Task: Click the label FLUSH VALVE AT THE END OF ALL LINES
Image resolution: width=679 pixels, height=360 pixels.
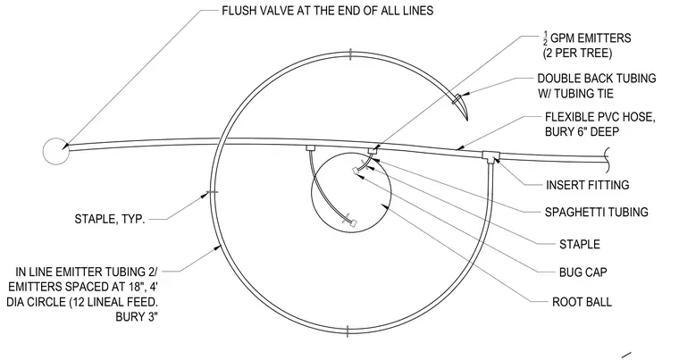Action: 327,11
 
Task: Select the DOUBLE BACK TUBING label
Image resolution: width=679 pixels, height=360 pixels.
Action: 596,86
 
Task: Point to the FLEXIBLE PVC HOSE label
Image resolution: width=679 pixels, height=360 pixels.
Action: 599,124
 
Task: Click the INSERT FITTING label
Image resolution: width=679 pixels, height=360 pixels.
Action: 587,185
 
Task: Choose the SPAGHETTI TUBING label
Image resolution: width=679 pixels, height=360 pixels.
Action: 596,212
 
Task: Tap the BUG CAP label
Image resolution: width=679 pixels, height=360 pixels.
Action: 583,272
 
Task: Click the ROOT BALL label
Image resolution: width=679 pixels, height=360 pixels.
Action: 582,302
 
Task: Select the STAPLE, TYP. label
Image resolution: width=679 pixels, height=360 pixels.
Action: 110,219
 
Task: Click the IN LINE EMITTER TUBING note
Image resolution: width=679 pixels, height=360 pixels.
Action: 82,294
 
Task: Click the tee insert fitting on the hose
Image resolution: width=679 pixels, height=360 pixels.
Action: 490,156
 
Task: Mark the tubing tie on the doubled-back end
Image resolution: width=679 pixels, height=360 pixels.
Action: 456,99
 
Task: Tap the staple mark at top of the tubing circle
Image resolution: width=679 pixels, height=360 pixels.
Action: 350,54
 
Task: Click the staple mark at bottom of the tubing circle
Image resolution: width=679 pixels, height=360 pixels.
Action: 348,331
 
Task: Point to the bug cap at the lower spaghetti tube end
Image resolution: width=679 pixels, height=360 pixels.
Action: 353,223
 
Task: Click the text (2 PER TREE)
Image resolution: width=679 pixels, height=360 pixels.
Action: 577,54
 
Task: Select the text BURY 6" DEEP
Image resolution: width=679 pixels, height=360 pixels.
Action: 582,131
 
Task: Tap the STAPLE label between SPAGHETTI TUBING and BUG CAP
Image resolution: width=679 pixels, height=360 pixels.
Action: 580,245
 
